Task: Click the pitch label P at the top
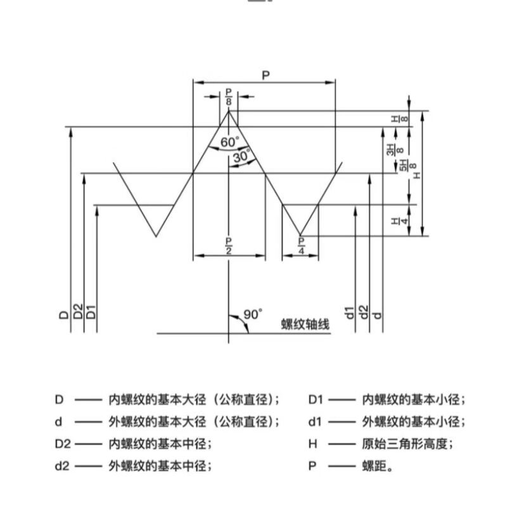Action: [266, 75]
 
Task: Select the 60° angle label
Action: [229, 142]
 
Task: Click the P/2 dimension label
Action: [229, 244]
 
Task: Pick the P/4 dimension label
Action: [301, 244]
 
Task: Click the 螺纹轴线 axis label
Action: [306, 325]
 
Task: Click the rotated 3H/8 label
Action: [391, 150]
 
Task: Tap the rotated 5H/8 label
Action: [402, 166]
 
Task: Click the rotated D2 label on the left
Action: [77, 311]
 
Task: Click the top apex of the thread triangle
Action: [229, 110]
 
